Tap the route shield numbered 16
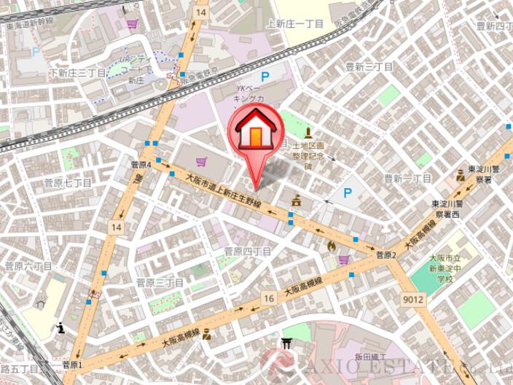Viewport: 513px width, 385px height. tap(269, 298)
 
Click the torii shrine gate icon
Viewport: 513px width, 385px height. tap(288, 343)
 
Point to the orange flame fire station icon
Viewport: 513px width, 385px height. tap(332, 246)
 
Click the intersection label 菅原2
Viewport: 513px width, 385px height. tap(385, 256)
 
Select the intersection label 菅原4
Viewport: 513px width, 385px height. tap(140, 166)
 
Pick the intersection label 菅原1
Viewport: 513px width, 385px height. tap(71, 365)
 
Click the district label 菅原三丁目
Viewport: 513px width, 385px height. tap(160, 281)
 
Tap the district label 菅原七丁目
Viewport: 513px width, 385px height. tap(68, 183)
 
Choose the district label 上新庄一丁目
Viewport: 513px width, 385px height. tap(294, 23)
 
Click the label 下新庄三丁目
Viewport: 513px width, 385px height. tap(77, 73)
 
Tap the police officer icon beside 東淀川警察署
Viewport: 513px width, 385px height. tap(461, 175)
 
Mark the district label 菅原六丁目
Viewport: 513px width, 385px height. tap(28, 266)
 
